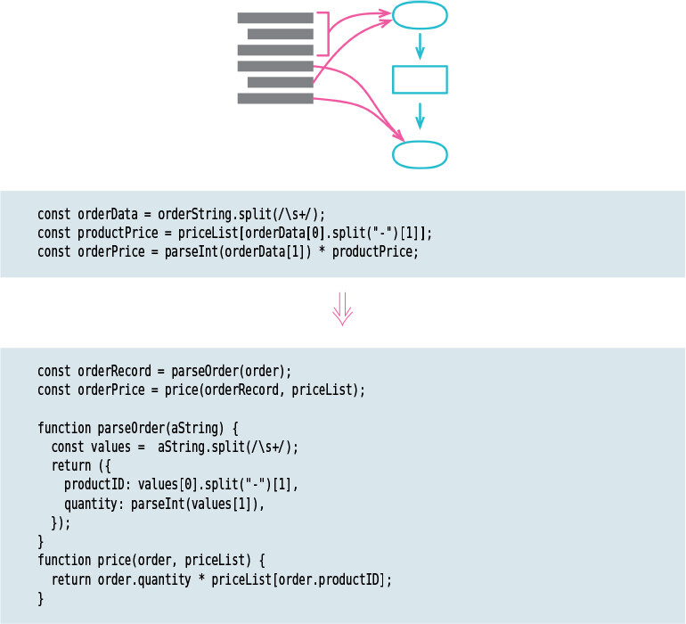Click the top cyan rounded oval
pyautogui.click(x=420, y=16)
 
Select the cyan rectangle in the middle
pyautogui.click(x=420, y=79)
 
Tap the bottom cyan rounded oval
pyautogui.click(x=420, y=153)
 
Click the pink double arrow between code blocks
pyautogui.click(x=343, y=312)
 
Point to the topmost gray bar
pyautogui.click(x=275, y=17)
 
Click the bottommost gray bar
pyautogui.click(x=275, y=98)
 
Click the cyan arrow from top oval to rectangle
pyautogui.click(x=420, y=45)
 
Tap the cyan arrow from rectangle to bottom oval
pyautogui.click(x=420, y=114)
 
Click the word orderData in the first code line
pyautogui.click(x=107, y=214)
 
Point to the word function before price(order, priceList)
pyautogui.click(x=64, y=560)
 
